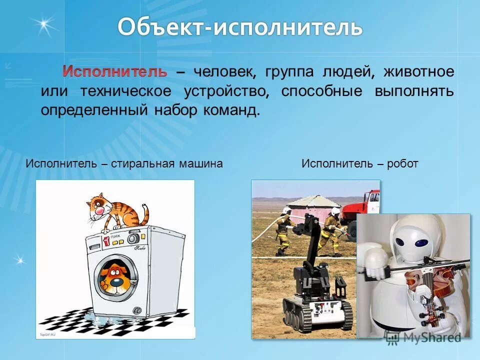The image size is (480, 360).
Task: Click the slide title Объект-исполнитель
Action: pyautogui.click(x=240, y=28)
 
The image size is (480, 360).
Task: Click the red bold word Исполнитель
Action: pyautogui.click(x=114, y=71)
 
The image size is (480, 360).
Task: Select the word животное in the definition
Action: pyautogui.click(x=419, y=71)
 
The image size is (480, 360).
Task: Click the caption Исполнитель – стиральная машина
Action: pyautogui.click(x=124, y=163)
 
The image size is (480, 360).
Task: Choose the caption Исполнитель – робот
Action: pyautogui.click(x=360, y=163)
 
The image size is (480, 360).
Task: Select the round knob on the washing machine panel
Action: pyautogui.click(x=133, y=238)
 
